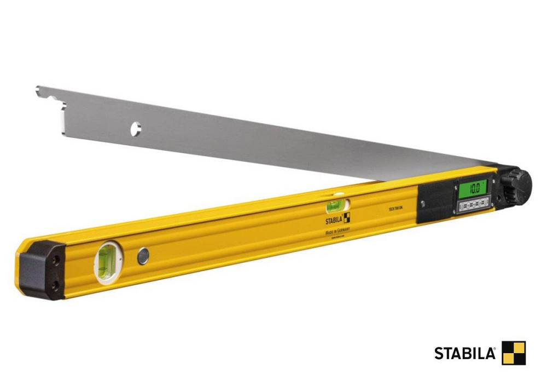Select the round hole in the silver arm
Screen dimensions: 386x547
pyautogui.click(x=135, y=130)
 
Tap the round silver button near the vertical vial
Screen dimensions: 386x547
pyautogui.click(x=143, y=255)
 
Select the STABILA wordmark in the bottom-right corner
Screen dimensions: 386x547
pyautogui.click(x=465, y=353)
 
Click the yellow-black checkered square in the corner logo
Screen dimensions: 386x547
pyautogui.click(x=514, y=353)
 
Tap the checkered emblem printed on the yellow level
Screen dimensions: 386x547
pyautogui.click(x=347, y=217)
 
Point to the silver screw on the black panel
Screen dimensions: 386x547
pyautogui.click(x=422, y=204)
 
